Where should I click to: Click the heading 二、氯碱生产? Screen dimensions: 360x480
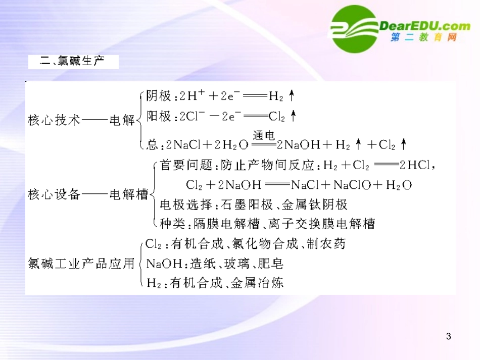pos(74,62)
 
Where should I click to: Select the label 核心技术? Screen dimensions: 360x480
pos(54,121)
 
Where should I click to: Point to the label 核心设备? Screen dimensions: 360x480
pos(54,194)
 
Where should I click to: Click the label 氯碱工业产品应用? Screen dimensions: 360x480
pos(81,263)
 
